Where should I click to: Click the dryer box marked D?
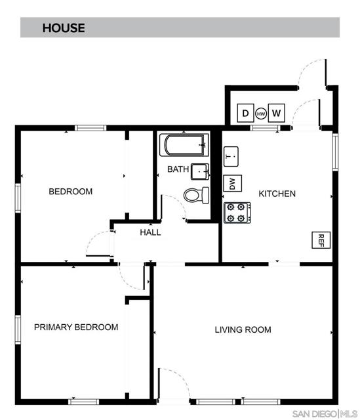coord(245,113)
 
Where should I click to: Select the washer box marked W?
coord(276,113)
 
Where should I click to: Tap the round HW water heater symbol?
coord(261,114)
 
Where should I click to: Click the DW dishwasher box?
coord(232,184)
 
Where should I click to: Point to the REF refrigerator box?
coord(321,240)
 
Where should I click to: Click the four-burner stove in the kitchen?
coord(237,213)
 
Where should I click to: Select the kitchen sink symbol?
coord(231,156)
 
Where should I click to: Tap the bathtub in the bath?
coord(184,145)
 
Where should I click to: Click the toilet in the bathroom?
coord(196,195)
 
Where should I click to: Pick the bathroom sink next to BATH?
coord(200,171)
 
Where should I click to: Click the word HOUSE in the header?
coord(64,28)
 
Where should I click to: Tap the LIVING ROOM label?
coord(243,329)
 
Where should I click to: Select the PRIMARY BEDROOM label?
coord(76,327)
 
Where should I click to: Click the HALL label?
coord(150,232)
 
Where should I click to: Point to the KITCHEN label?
coord(277,194)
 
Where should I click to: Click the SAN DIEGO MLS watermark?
coord(325,413)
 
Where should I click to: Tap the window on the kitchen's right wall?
coord(335,152)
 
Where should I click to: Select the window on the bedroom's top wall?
coord(90,128)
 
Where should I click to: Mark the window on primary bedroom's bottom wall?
coord(83,402)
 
